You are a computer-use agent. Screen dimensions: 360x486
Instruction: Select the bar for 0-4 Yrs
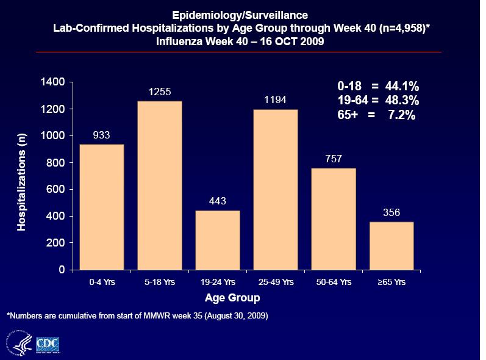102,207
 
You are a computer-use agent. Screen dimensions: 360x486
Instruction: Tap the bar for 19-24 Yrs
218,240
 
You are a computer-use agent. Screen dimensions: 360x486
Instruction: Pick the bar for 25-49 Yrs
276,190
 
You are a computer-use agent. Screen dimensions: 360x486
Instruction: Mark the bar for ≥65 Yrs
391,245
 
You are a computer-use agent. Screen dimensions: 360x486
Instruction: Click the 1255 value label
160,92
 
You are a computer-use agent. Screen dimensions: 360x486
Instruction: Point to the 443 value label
218,201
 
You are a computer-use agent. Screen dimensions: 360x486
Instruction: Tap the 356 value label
391,213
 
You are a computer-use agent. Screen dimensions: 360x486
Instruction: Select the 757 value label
334,159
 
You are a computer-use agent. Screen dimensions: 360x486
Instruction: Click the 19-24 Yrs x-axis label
218,283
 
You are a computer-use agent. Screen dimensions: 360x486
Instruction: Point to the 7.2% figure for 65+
402,114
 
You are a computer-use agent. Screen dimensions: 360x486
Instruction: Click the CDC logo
48,344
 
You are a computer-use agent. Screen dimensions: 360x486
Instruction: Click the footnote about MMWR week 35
137,316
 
